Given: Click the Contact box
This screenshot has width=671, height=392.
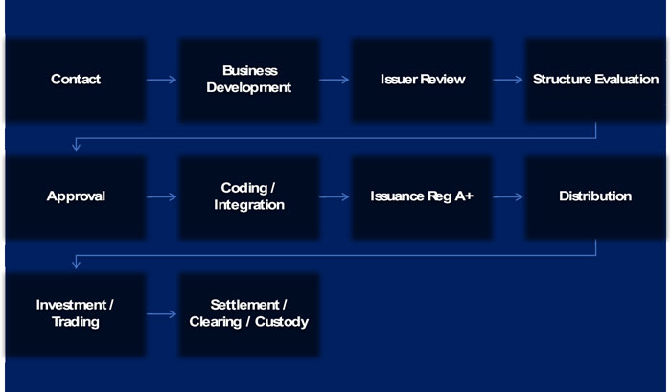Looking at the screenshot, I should [76, 80].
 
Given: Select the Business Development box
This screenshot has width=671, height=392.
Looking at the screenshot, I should [249, 80].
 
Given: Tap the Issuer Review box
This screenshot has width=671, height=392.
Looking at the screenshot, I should [423, 80].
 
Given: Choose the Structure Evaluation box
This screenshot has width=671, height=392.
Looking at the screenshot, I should [595, 80].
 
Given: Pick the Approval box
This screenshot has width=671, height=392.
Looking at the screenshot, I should [76, 196].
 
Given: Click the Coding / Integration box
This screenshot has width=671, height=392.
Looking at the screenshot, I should [249, 196].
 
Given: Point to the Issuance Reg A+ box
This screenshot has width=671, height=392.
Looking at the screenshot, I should [423, 196].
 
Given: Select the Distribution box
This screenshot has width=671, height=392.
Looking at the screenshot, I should [595, 196].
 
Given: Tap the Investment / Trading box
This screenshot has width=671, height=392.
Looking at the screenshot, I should [76, 313].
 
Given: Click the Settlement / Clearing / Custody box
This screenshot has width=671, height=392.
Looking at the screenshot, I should [249, 313].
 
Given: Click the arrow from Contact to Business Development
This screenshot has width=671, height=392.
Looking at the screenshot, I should [163, 80].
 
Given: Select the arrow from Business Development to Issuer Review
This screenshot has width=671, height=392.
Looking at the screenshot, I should [335, 80].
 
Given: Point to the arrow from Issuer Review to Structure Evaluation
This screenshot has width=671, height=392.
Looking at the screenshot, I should [509, 80].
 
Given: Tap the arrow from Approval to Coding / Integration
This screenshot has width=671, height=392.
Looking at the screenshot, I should [163, 196].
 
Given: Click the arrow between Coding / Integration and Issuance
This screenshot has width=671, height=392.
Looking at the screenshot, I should [335, 196].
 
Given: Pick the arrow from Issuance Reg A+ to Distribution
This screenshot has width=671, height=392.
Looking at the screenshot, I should [509, 196].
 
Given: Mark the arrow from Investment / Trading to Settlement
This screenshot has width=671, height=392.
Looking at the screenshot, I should [163, 313].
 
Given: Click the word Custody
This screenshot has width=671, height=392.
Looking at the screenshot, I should [284, 322].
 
